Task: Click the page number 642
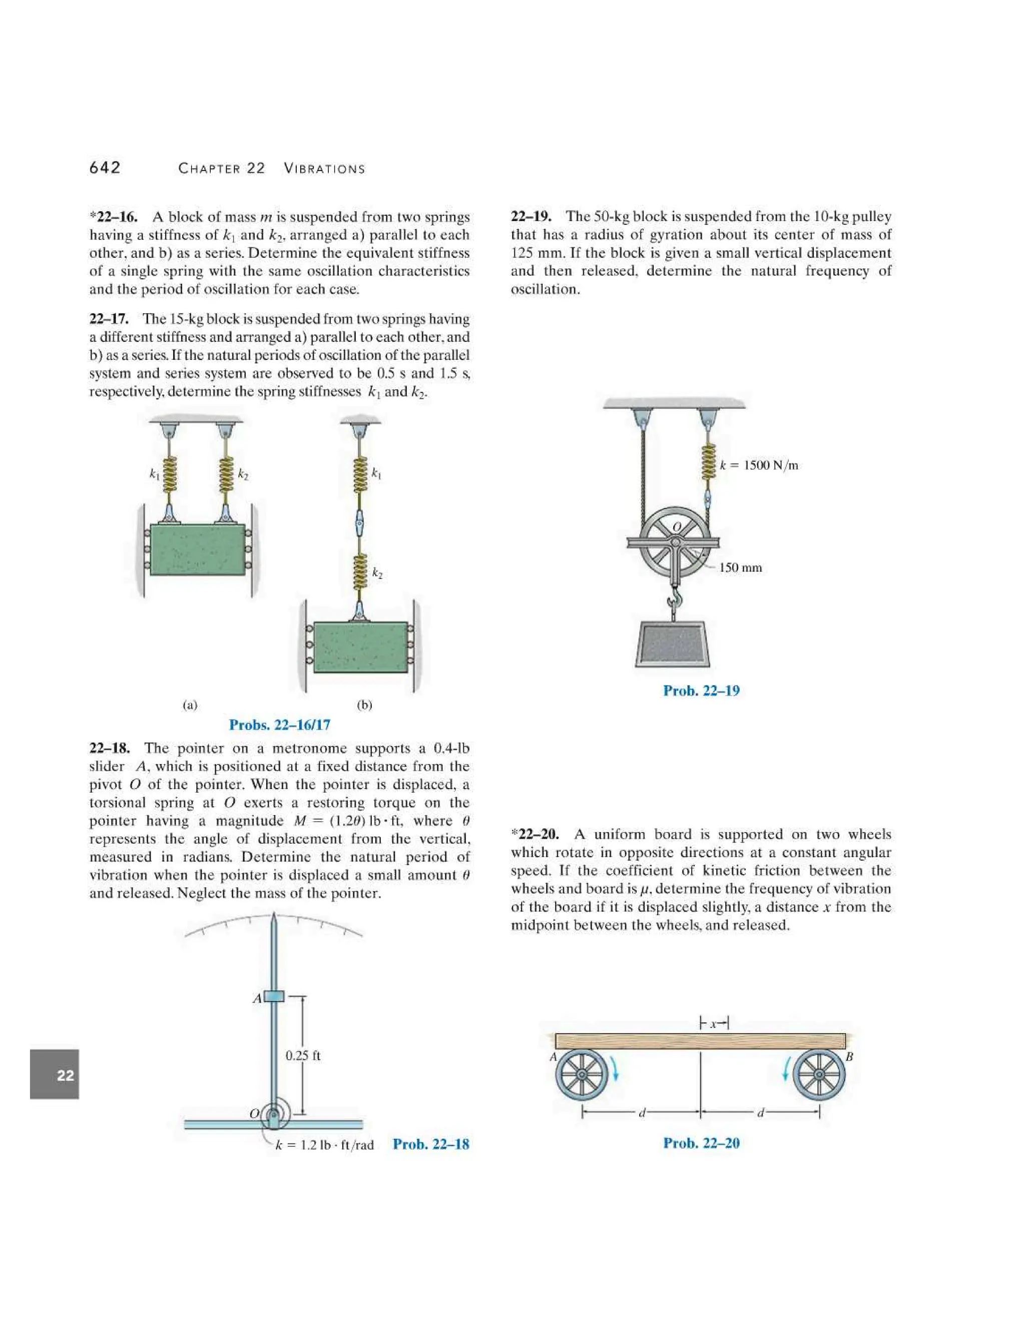[x=105, y=168]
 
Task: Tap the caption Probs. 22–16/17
[x=279, y=725]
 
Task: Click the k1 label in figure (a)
[x=154, y=473]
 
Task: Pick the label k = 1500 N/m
[x=759, y=466]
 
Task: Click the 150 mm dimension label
[x=740, y=568]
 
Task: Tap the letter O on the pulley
[x=677, y=526]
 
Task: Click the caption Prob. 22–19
[x=701, y=691]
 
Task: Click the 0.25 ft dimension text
[x=303, y=1055]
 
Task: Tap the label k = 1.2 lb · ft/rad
[x=324, y=1145]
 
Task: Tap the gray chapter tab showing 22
[x=55, y=1075]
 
